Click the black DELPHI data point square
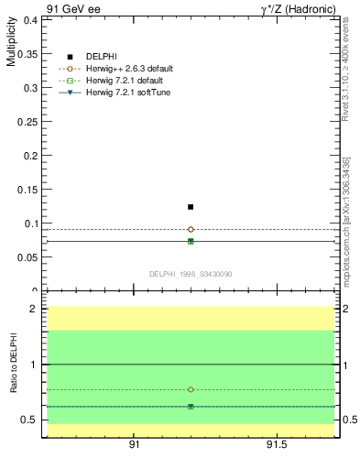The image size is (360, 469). click(191, 207)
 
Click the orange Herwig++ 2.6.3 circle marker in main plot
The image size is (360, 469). click(191, 229)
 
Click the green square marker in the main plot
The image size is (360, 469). click(191, 241)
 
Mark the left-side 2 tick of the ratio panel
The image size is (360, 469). click(33, 309)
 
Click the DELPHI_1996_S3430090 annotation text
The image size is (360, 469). click(191, 274)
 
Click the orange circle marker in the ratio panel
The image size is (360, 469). click(191, 389)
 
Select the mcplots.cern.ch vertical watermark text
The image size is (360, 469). click(346, 220)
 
